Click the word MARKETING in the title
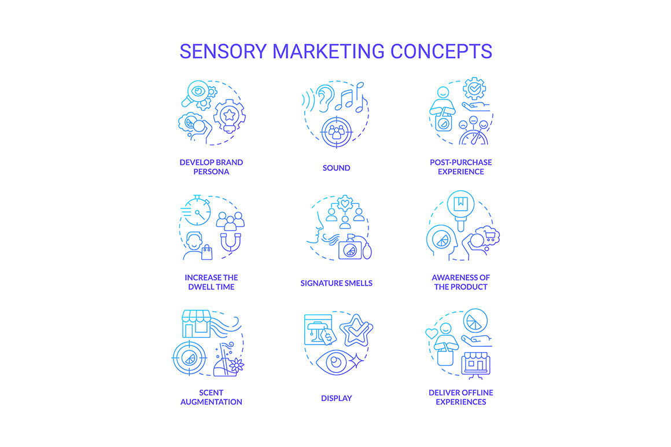(x=329, y=52)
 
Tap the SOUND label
(x=336, y=168)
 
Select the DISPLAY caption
(x=336, y=398)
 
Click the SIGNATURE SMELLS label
(x=336, y=283)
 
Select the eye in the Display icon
(x=337, y=362)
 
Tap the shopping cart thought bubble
(x=488, y=236)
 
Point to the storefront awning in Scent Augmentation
(x=197, y=317)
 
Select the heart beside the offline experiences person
(x=432, y=333)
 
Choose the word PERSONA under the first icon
(x=211, y=172)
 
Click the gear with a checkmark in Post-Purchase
(x=474, y=89)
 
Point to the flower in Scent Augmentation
(x=236, y=365)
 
